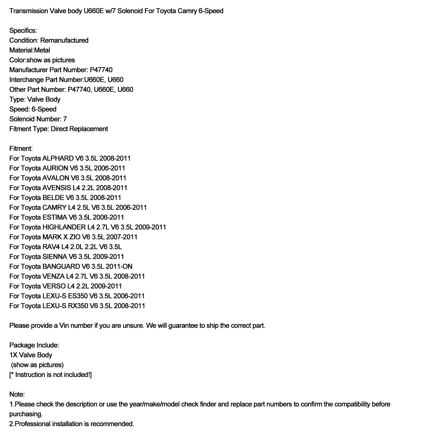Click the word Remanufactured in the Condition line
tap(64, 40)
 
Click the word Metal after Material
tap(42, 50)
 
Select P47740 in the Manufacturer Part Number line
tap(101, 70)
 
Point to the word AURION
tap(55, 168)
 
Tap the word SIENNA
tap(55, 257)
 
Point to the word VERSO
tap(54, 286)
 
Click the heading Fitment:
tap(21, 149)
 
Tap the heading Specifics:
tap(23, 31)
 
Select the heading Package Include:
tap(34, 345)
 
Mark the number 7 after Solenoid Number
tap(65, 119)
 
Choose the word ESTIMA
tap(55, 217)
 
